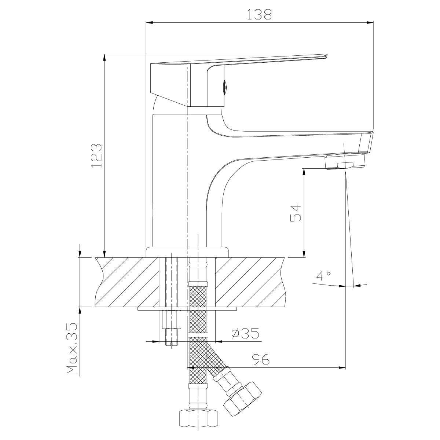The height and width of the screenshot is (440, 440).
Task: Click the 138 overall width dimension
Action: (260, 14)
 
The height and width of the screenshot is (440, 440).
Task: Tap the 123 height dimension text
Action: (96, 156)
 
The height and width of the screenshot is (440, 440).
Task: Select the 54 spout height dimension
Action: (296, 213)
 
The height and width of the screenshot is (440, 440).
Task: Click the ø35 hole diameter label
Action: (245, 333)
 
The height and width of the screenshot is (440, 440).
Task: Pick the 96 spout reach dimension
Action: (261, 360)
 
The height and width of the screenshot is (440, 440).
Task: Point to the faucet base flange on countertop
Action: (187, 252)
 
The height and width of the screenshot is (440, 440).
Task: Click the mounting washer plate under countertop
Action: (187, 309)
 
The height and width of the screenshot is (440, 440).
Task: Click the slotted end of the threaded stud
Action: (171, 344)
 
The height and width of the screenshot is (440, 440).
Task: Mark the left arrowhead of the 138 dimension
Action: (148, 23)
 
